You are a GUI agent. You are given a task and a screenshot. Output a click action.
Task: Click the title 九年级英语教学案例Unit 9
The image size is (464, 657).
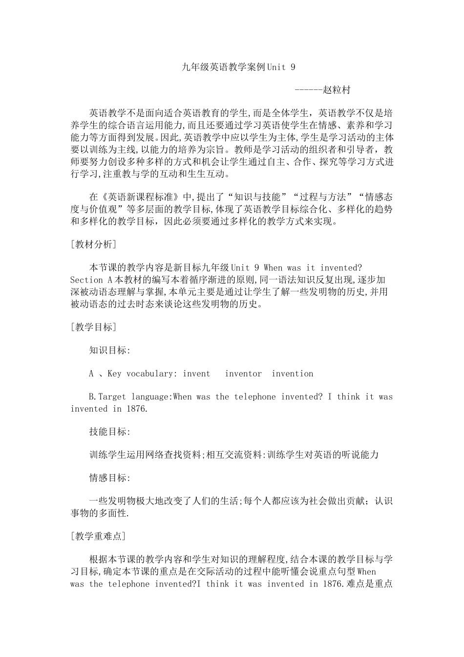[x=238, y=67]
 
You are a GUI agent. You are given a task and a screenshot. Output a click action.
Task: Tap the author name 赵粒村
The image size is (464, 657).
[x=337, y=90]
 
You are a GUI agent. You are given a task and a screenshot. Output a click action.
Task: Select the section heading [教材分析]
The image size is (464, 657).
[x=93, y=244]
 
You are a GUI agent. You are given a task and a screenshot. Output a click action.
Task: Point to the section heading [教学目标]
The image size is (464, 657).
[x=93, y=327]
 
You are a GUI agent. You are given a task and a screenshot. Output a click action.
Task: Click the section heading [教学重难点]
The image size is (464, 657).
[x=98, y=536]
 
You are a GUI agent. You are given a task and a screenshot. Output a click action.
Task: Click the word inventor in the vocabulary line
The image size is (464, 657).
[x=243, y=373]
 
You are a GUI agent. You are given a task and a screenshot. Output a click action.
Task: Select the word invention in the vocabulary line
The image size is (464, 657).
[x=293, y=373]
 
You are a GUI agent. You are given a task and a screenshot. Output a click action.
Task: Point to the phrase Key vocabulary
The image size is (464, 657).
[x=140, y=373]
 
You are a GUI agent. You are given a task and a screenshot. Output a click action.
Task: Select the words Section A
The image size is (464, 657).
[x=87, y=280]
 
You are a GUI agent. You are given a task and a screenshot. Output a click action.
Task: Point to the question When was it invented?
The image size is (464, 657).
[x=313, y=268]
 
